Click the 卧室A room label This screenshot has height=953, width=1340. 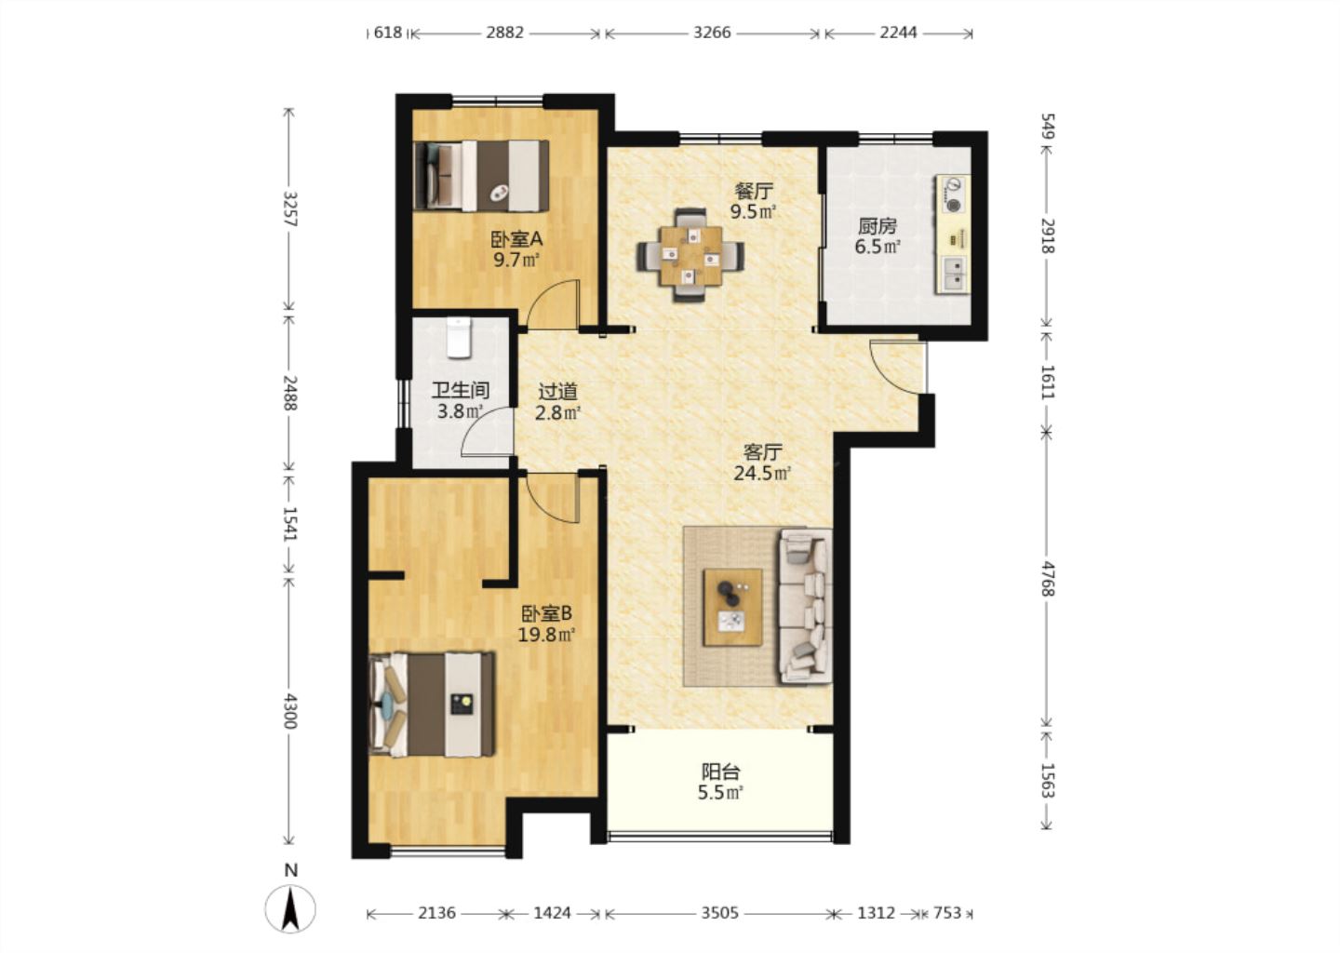tap(516, 239)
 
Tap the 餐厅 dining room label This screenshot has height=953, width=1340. tap(754, 192)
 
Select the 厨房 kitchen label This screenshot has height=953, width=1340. tap(878, 226)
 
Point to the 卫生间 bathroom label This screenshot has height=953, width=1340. tap(461, 391)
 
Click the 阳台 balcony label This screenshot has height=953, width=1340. tap(721, 772)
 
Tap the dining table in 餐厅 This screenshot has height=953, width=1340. tap(690, 255)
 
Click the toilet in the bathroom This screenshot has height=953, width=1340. tap(460, 338)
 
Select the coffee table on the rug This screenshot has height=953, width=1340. tap(733, 607)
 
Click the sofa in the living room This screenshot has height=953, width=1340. tap(805, 606)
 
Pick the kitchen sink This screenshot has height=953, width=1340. tap(953, 272)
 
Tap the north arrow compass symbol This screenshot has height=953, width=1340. tap(290, 907)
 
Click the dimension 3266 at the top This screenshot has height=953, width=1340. tap(712, 33)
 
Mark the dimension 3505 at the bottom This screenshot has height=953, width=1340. tap(719, 913)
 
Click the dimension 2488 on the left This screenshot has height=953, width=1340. tap(290, 393)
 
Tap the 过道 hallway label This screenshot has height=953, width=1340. tap(558, 391)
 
